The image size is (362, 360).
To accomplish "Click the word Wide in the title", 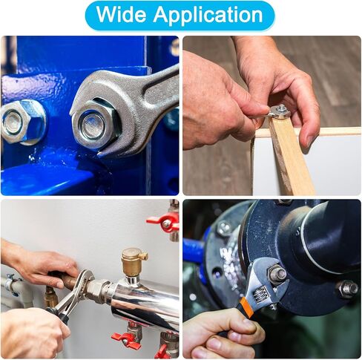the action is point(121,14).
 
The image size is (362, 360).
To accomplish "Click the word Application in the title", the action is point(208,16).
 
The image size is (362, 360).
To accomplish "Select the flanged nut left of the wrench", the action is point(22,122).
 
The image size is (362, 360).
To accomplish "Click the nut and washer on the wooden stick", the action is point(280,111).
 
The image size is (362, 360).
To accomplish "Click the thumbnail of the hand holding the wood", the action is point(271,116).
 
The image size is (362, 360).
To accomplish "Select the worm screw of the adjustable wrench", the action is point(261,295).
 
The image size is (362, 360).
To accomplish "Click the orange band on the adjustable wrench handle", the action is point(246,307).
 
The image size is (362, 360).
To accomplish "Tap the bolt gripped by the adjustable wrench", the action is point(277,274).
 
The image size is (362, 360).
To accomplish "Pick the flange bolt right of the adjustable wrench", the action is point(347,289).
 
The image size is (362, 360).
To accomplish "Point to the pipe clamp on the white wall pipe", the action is point(11,284).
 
